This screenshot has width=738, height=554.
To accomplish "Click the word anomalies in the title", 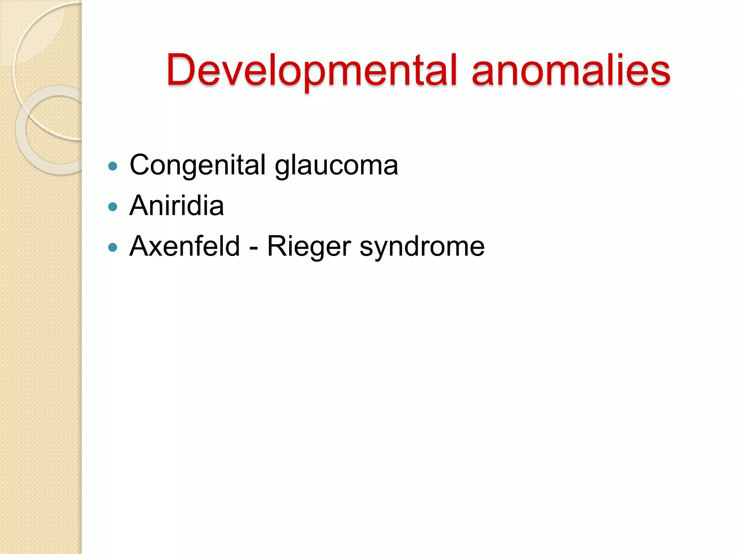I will (571, 70).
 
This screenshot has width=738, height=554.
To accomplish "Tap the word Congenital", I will (197, 165).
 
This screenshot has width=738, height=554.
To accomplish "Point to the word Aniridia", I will (177, 206).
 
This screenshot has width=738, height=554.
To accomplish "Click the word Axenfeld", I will (184, 246).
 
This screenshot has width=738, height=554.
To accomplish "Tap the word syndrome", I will (422, 247).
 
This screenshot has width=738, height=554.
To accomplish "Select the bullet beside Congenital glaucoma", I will (113, 166).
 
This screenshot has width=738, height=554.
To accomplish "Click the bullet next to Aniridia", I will (113, 207).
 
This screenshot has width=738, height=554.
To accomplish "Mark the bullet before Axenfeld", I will (113, 247).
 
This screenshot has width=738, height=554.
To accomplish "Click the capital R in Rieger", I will (277, 246).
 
